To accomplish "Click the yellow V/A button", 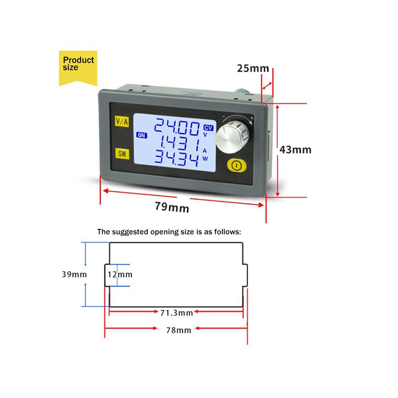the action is tap(122, 121).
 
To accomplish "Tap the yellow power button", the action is tap(236, 166).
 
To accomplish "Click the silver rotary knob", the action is tap(232, 137).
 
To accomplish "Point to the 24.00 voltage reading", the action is tap(177, 127).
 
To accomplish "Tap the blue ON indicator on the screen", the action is tap(142, 135).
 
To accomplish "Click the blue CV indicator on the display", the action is tap(208, 128).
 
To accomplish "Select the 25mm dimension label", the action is tap(253, 68).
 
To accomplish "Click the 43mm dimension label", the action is tap(295, 150).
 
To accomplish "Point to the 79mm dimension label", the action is tap(172, 207).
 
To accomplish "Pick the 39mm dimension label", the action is tap(74, 275).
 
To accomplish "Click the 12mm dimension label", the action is tap(120, 275).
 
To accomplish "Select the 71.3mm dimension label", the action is tap(176, 313).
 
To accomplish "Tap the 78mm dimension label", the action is tap(178, 330).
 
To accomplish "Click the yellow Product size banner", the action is tap(78, 68).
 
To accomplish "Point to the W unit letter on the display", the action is tap(205, 159).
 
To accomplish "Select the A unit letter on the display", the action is tap(205, 151).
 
